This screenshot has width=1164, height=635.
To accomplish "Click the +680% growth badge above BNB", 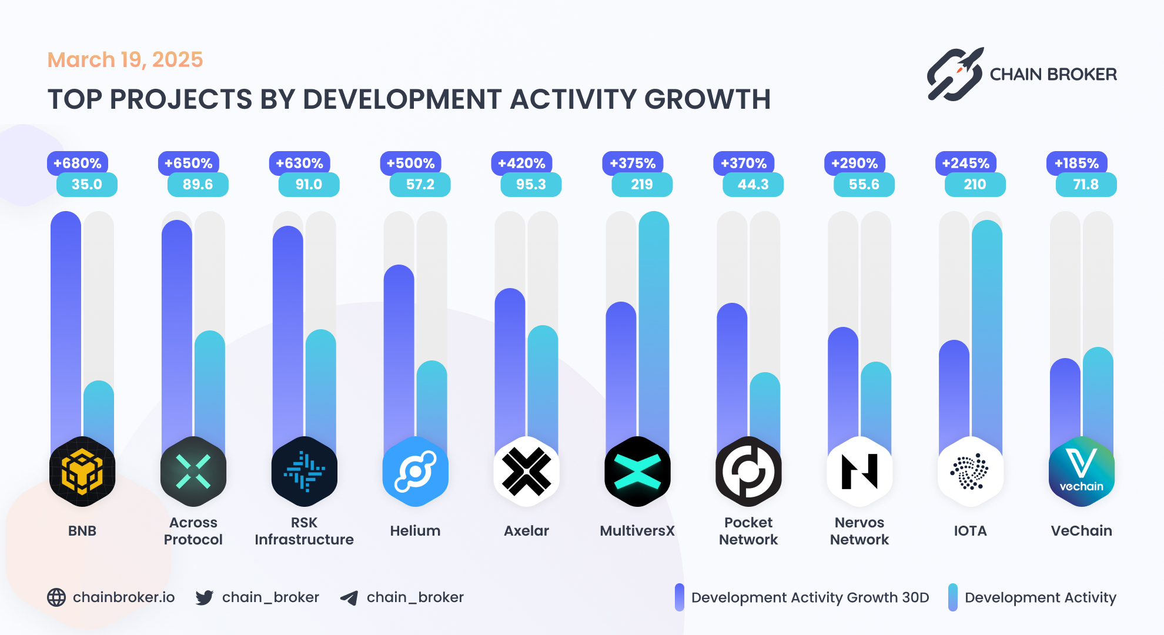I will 77,163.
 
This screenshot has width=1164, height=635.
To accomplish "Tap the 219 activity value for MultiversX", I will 642,185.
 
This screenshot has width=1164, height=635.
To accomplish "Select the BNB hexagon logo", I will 82,472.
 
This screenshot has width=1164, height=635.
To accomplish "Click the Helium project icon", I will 415,472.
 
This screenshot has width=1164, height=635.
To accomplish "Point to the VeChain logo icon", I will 1081,472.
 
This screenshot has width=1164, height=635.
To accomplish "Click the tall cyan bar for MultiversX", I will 654,323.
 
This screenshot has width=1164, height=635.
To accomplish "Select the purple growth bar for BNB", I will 66,323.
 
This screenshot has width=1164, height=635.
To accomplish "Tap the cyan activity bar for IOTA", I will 986,329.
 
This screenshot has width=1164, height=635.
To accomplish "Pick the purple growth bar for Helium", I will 399,353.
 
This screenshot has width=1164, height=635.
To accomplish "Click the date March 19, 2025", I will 125,59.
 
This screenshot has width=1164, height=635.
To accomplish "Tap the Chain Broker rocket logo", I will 955,74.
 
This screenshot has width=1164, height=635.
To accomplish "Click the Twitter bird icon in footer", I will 204,598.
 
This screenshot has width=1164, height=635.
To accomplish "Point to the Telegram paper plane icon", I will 349,598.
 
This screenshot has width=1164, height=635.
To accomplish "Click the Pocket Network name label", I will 748,530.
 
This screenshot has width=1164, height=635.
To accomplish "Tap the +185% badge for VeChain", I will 1076,163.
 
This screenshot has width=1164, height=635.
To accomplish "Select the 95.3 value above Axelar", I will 531,185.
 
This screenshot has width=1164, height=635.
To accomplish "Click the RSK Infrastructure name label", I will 304,530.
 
